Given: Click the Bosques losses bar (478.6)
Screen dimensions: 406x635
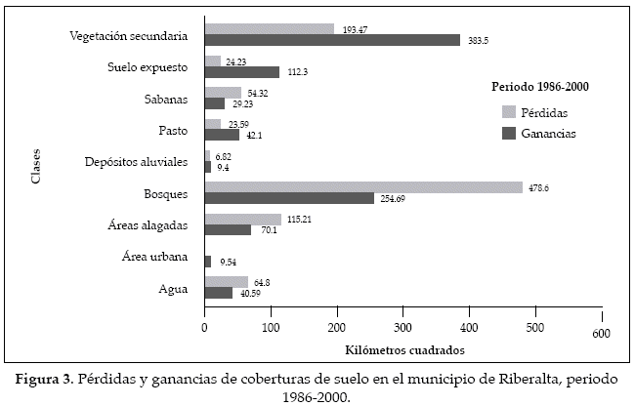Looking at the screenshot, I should click(363, 187).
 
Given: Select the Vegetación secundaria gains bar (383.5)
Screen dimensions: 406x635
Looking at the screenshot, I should click(332, 40).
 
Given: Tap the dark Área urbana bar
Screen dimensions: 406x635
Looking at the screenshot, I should click(207, 263).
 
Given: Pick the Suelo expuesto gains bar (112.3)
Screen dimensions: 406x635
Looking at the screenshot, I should click(242, 72).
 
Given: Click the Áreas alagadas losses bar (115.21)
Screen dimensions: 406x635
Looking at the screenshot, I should click(243, 220).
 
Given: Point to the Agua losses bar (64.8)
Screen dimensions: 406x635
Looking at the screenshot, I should click(227, 281).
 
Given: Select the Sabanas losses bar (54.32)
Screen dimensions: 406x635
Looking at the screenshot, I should click(223, 93).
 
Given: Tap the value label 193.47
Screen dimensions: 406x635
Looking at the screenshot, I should click(356, 29).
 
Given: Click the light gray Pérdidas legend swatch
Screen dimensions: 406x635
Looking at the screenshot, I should click(508, 111).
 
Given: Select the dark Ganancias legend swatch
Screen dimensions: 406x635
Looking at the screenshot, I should click(508, 133).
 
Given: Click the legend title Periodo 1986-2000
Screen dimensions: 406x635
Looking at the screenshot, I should click(539, 87).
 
